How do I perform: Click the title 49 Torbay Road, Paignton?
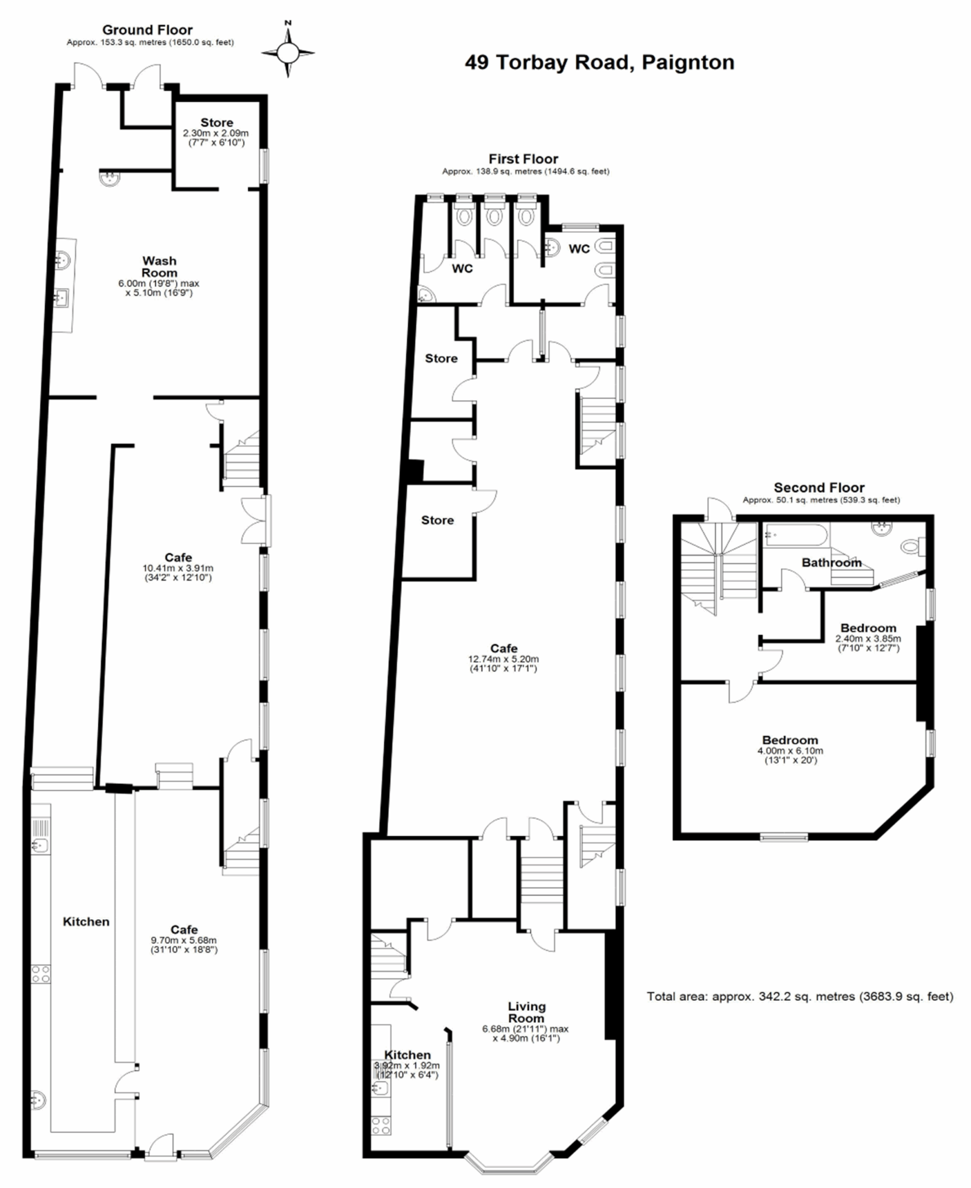point(599,62)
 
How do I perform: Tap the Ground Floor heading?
point(147,30)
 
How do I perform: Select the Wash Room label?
point(159,267)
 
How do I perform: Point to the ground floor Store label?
point(216,123)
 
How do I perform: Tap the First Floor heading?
point(523,159)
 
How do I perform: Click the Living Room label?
point(526,1013)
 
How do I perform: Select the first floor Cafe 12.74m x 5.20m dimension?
point(503,664)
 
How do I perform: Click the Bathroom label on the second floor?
point(831,562)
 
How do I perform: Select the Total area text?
point(800,996)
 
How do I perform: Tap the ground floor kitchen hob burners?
point(41,975)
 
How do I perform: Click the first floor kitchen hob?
point(381,1125)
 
